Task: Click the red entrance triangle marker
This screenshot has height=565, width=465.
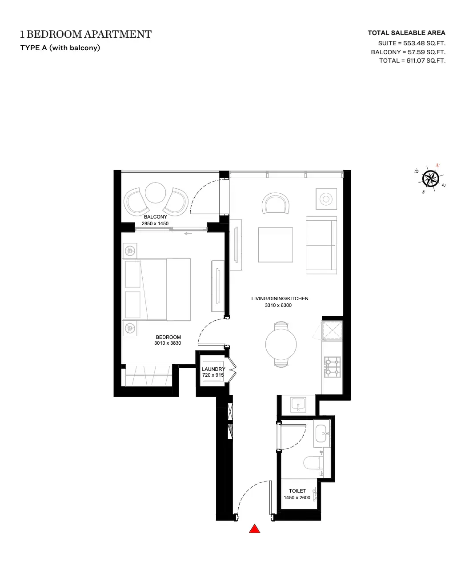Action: (254, 529)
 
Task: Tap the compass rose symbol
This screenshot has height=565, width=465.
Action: (430, 179)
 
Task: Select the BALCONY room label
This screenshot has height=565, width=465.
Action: (156, 217)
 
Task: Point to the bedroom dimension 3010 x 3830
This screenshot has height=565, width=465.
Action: (168, 343)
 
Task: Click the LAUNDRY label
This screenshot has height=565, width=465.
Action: (213, 369)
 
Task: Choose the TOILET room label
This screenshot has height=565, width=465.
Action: (297, 491)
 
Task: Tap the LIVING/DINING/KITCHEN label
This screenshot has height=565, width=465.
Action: (280, 298)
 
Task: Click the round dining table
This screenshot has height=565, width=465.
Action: (281, 345)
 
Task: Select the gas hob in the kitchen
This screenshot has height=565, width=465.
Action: (332, 367)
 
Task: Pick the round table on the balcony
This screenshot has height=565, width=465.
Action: (155, 193)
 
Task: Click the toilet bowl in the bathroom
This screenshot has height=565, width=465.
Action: (313, 462)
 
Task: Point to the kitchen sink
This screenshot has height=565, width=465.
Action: (298, 404)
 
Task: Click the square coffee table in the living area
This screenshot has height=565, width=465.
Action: (276, 245)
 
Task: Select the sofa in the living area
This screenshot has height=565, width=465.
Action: (321, 245)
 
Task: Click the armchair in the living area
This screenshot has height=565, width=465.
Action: (276, 203)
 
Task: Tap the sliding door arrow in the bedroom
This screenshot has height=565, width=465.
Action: (188, 234)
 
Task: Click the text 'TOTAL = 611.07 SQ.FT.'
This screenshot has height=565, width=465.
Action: (412, 60)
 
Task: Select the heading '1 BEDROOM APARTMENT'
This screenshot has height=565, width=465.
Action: (86, 34)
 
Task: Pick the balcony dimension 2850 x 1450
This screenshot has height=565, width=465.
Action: (155, 223)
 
